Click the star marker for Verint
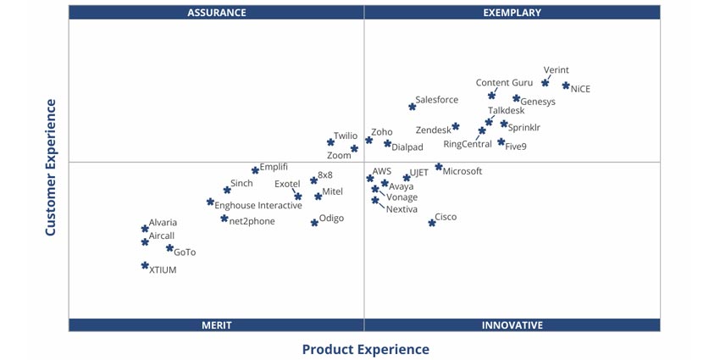(x=546, y=83)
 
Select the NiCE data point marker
(x=566, y=86)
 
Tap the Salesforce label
(x=436, y=100)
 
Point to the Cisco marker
(x=432, y=223)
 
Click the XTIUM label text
(x=163, y=270)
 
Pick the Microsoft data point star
(x=439, y=167)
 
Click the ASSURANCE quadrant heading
(x=216, y=13)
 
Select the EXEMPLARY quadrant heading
(x=512, y=13)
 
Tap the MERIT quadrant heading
(x=216, y=325)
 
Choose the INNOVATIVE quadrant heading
(x=512, y=325)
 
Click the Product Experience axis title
(x=365, y=349)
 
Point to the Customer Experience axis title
(x=50, y=168)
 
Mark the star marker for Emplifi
(x=255, y=170)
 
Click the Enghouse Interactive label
(x=258, y=206)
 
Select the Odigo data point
(x=314, y=223)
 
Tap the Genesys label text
(x=538, y=102)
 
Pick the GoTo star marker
(x=169, y=249)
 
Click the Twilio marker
(x=331, y=142)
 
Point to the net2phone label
(x=252, y=221)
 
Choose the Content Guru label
(x=504, y=83)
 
